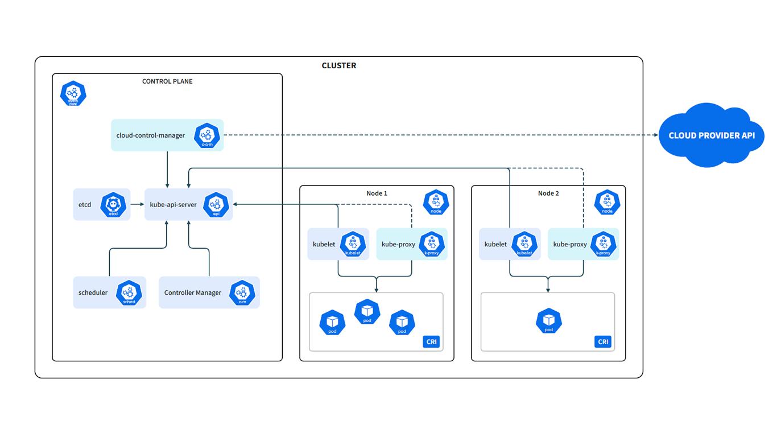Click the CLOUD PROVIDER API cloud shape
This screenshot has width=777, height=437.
click(x=711, y=135)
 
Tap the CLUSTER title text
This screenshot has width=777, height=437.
click(x=339, y=65)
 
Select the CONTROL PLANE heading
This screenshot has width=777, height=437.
click(x=167, y=81)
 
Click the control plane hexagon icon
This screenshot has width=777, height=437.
click(x=73, y=94)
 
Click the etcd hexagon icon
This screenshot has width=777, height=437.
click(x=113, y=205)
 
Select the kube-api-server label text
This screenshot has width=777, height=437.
click(x=173, y=205)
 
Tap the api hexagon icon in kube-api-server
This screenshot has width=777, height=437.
click(x=216, y=205)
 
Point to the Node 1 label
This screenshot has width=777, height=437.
click(x=377, y=193)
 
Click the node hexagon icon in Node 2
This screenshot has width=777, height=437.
click(x=607, y=203)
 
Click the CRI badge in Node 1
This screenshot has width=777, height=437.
click(x=431, y=341)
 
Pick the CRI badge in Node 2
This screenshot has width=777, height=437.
click(x=603, y=341)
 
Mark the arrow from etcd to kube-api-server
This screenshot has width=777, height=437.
click(x=137, y=205)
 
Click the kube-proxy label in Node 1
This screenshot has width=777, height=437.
click(x=398, y=244)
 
